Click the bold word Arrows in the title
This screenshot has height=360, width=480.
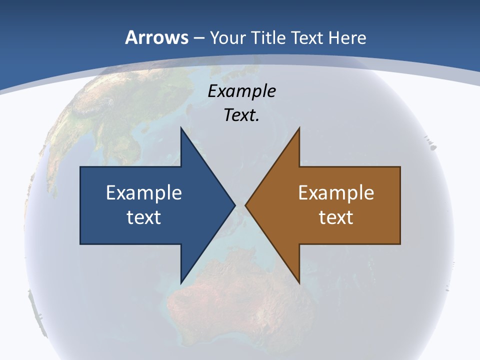point(156,37)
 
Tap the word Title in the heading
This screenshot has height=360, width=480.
point(267,37)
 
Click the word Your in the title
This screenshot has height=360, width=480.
point(226,37)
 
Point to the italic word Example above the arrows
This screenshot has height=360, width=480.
point(241,91)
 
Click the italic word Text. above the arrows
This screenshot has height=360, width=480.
point(241,115)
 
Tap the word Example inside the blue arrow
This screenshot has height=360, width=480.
point(144,192)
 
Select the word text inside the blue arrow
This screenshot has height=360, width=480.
point(144,217)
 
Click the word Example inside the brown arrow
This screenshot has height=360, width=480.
point(336,192)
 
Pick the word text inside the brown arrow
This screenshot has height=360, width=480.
point(336,217)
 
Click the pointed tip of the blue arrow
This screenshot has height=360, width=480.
point(235,205)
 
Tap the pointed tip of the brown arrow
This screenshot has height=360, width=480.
point(245,205)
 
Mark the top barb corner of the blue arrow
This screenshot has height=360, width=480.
point(181,128)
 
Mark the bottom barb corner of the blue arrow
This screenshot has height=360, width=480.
point(181,283)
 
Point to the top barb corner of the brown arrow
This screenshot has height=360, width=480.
point(299,128)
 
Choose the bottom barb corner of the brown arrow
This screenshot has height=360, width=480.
point(299,283)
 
